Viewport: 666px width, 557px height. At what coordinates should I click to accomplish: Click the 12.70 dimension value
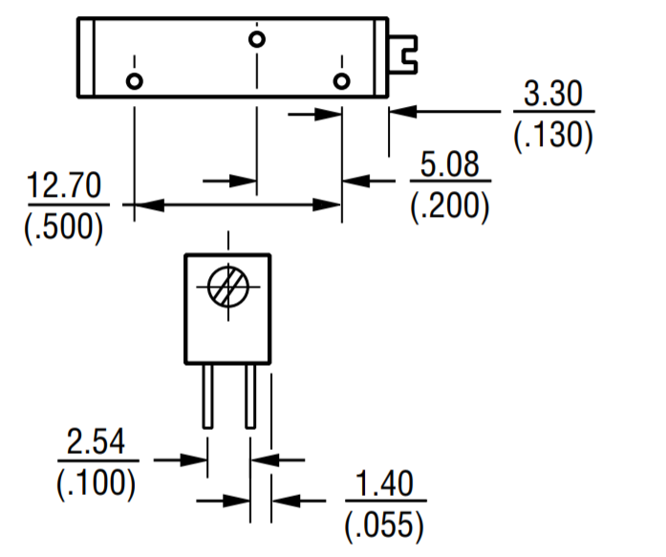[63, 186]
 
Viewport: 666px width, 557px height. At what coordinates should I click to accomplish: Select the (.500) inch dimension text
[63, 227]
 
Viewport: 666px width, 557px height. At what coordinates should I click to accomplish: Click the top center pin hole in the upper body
[256, 39]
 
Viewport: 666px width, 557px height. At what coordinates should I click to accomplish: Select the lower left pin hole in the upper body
[135, 80]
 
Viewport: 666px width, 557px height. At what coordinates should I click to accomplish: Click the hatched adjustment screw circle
[227, 284]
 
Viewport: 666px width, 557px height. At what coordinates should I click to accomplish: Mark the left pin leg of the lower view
[206, 396]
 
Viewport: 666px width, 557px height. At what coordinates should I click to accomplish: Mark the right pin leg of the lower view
[250, 396]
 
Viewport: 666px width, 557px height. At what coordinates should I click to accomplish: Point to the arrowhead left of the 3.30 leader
[399, 112]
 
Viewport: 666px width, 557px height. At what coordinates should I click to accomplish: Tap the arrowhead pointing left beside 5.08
[352, 179]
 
